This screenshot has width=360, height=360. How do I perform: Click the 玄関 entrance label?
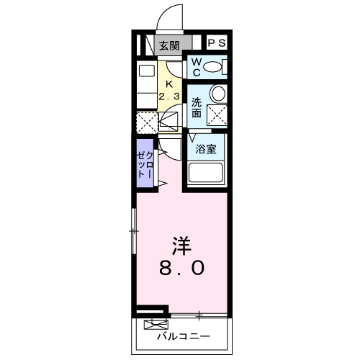pos(169,45)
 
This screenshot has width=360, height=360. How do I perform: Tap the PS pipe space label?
pos(217,43)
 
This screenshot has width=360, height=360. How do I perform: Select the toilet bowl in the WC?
pos(212,67)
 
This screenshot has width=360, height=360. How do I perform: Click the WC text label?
pos(197,67)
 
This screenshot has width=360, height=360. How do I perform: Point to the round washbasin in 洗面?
pos(218,94)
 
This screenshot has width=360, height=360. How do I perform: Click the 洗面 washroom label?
pos(197,108)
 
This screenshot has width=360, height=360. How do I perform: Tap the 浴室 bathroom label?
pos(206,149)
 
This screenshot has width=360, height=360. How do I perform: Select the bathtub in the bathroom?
pos(205,173)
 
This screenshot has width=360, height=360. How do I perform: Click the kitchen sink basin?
pos(147,71)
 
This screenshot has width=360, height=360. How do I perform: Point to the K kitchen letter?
pos(169,84)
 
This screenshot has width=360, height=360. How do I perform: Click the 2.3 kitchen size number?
pos(169,96)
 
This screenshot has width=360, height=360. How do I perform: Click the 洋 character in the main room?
pos(181,246)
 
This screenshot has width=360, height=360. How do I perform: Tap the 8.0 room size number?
pos(181,268)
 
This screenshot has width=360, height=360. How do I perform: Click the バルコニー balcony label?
pos(184,336)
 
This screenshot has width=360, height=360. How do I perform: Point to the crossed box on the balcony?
pos(156,325)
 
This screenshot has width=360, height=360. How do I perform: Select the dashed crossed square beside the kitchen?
pos(147,123)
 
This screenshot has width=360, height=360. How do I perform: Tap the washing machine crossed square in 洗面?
pos(217,115)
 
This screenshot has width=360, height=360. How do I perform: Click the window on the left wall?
pos(134,231)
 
